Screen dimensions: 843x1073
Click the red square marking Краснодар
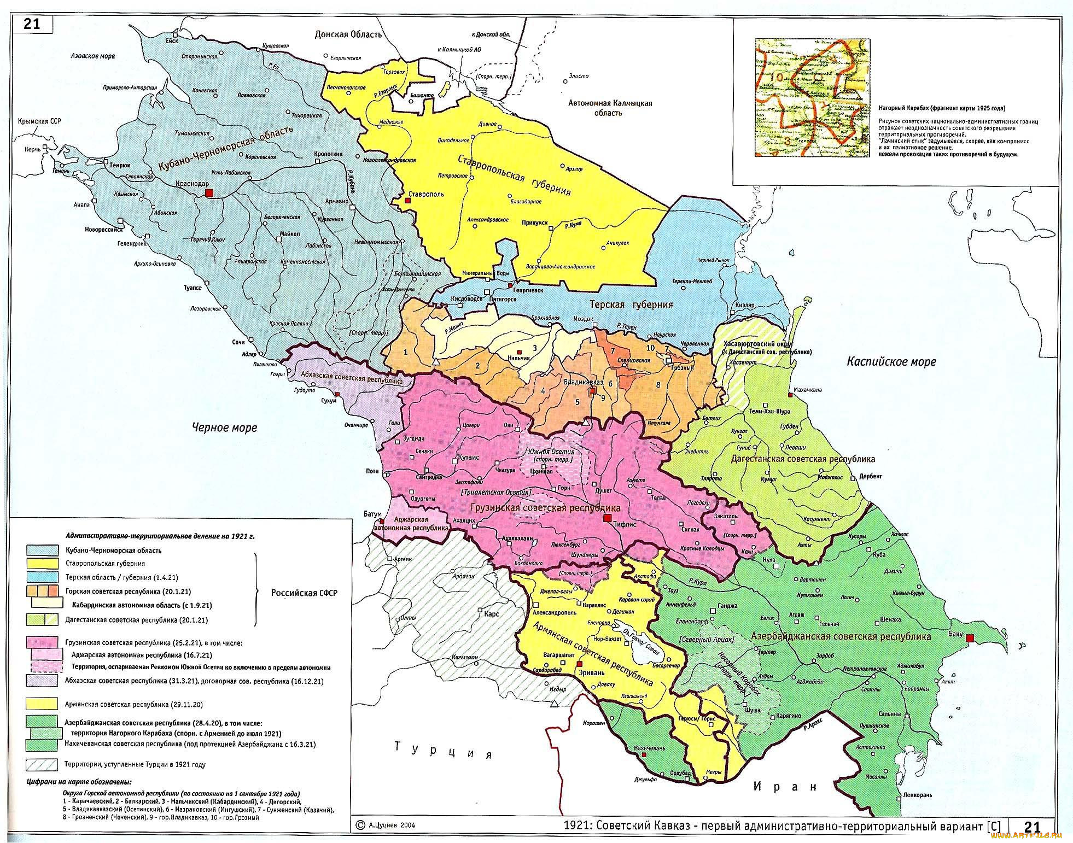pos(208,193)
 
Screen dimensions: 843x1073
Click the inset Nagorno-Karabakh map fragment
pos(813,98)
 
